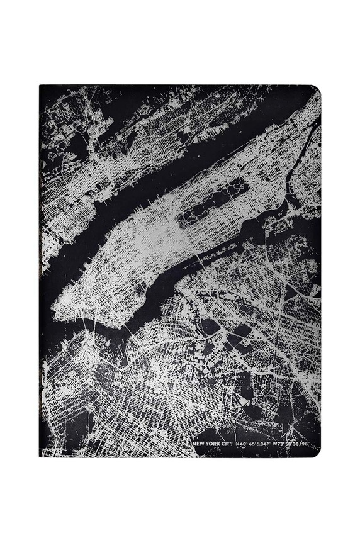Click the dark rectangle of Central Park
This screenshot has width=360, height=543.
tap(211, 201)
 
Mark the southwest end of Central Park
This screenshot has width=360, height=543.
tap(181, 220)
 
